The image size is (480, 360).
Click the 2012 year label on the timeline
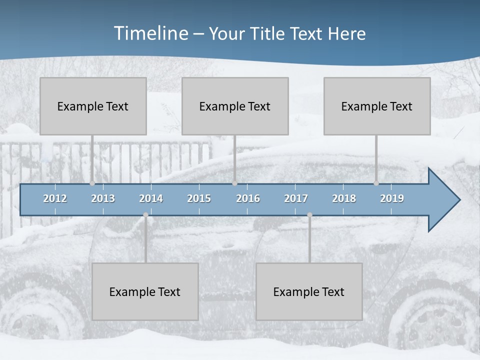(x=55, y=198)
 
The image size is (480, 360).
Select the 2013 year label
(x=103, y=198)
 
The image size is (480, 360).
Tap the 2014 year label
(x=151, y=198)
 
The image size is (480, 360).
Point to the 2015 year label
(x=199, y=198)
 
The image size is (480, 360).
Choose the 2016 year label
(x=248, y=198)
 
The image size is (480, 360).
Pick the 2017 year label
(x=296, y=198)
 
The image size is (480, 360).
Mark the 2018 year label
(x=344, y=198)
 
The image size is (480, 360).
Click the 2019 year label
(x=392, y=198)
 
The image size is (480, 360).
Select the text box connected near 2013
(x=93, y=106)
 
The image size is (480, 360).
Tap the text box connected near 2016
(x=235, y=106)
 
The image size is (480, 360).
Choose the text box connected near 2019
(x=377, y=106)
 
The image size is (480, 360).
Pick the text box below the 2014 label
(x=145, y=291)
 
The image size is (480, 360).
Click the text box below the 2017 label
(x=309, y=291)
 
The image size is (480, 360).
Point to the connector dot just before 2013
(x=92, y=183)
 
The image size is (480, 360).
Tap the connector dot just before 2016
(x=234, y=183)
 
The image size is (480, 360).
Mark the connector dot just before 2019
(x=376, y=183)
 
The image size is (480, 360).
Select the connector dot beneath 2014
(x=145, y=215)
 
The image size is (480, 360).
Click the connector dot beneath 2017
(x=309, y=215)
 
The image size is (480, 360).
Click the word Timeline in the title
(x=150, y=33)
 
